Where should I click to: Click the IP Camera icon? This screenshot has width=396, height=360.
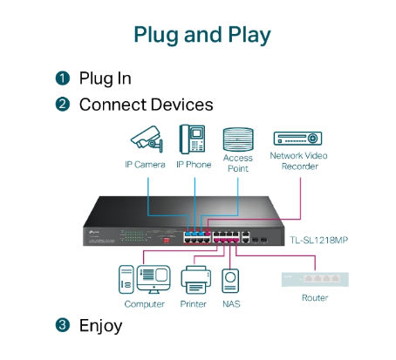pyautogui.click(x=147, y=139)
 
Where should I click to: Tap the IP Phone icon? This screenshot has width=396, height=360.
pyautogui.click(x=192, y=139)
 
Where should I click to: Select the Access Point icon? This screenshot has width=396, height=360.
pyautogui.click(x=238, y=139)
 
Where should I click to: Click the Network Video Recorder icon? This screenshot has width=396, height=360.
pyautogui.click(x=297, y=139)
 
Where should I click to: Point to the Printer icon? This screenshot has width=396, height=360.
pyautogui.click(x=195, y=280)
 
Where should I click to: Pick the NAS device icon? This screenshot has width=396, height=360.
pyautogui.click(x=230, y=281)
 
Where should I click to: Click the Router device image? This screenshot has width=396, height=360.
pyautogui.click(x=315, y=279)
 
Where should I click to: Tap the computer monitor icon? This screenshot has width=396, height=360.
pyautogui.click(x=154, y=279)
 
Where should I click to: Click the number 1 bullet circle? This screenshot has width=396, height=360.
pyautogui.click(x=63, y=78)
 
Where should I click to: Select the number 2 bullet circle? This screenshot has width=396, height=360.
pyautogui.click(x=63, y=105)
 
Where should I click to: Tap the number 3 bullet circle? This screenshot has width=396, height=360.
pyautogui.click(x=63, y=325)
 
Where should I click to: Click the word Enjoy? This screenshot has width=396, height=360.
pyautogui.click(x=100, y=326)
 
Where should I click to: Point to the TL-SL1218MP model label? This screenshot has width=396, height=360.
pyautogui.click(x=318, y=240)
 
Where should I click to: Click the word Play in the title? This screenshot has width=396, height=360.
pyautogui.click(x=249, y=35)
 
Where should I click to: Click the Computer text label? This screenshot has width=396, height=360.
pyautogui.click(x=144, y=304)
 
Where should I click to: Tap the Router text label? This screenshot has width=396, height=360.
pyautogui.click(x=315, y=298)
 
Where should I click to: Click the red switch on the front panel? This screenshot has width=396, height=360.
pyautogui.click(x=167, y=241)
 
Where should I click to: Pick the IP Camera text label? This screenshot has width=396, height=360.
pyautogui.click(x=145, y=165)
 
